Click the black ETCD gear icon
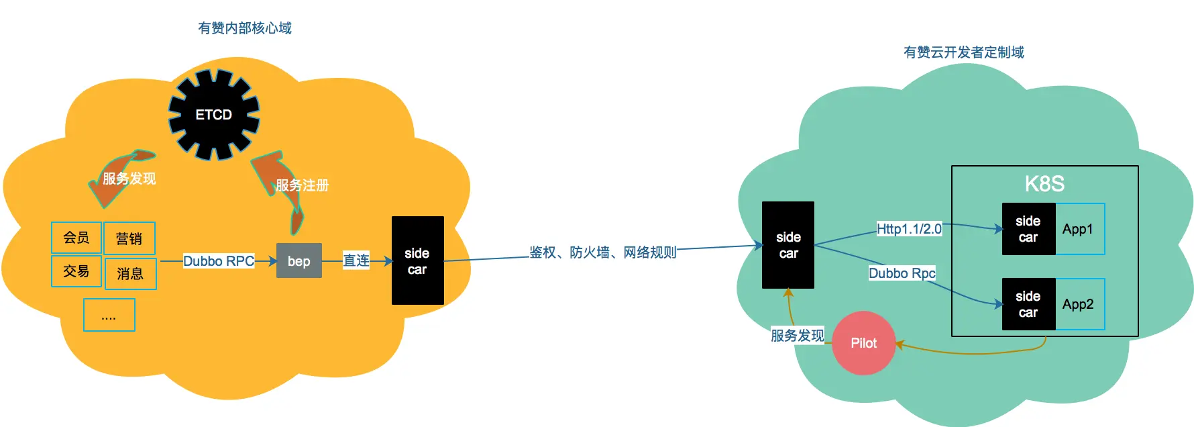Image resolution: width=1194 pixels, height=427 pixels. tap(213, 115)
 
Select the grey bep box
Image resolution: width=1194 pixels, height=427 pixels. tap(299, 260)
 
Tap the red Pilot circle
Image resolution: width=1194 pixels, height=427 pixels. tap(863, 343)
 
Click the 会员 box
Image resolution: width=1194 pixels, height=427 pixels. tap(76, 238)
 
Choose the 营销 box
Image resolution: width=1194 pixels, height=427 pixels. tap(129, 238)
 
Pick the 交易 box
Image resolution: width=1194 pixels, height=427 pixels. tap(76, 271)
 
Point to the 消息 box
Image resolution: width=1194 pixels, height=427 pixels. tap(130, 274)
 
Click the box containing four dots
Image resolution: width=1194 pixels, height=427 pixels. tap(109, 315)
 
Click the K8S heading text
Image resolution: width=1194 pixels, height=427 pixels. tap(1044, 184)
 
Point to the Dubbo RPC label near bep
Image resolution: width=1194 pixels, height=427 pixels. tap(219, 260)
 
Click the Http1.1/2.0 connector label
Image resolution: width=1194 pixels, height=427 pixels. tap(909, 229)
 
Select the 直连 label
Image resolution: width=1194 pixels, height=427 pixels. tap(356, 260)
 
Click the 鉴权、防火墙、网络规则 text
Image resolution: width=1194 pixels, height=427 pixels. tap(602, 252)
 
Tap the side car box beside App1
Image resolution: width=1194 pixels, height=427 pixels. tap(1028, 229)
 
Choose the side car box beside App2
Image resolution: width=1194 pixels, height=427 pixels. tap(1028, 304)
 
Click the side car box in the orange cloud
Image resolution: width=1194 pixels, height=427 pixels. tap(417, 260)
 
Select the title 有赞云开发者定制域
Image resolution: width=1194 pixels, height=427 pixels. tap(963, 52)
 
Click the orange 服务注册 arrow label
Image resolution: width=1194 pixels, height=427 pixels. tap(302, 185)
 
